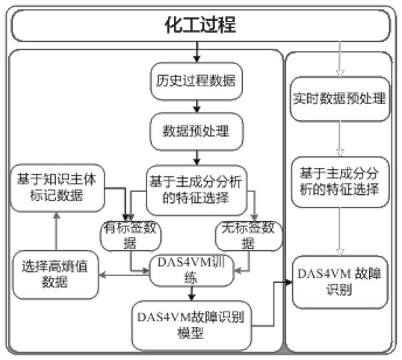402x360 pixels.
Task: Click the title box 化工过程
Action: coord(200,25)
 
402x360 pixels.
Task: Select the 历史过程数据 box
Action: coord(197,81)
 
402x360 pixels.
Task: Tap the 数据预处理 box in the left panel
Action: coord(197,131)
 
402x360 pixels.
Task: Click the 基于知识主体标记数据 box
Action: coord(58,187)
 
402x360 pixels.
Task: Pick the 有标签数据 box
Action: coord(131,236)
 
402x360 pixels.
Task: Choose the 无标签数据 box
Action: coord(249,236)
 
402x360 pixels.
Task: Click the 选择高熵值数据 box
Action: coord(55,275)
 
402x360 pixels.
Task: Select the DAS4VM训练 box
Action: coord(191,271)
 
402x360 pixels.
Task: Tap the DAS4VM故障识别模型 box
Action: coord(191,326)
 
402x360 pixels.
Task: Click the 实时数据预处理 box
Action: coord(340,99)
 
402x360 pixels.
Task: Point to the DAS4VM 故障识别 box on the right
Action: coord(340,282)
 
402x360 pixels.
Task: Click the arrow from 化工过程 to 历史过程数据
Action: coord(197,52)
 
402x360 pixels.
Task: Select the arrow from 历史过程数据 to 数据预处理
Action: coord(197,106)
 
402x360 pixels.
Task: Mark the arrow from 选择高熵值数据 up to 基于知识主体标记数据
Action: coord(56,232)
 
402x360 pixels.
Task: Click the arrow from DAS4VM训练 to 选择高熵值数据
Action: coord(124,275)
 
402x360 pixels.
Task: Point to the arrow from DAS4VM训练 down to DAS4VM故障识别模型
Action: coord(191,294)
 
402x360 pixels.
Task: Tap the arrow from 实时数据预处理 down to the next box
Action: coord(340,139)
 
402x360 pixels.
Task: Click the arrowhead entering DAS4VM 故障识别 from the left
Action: coord(289,282)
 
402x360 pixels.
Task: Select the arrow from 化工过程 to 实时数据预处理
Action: coord(340,59)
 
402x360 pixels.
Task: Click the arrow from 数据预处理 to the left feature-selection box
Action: coord(197,158)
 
